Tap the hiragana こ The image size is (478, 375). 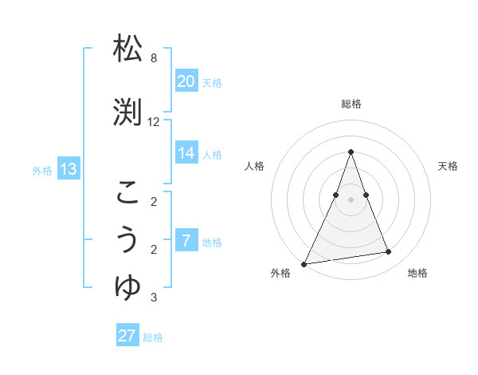click(x=128, y=191)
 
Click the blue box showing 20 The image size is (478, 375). click(x=186, y=81)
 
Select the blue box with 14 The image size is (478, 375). click(x=186, y=153)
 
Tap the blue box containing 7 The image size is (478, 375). click(x=186, y=241)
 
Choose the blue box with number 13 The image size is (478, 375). click(x=69, y=169)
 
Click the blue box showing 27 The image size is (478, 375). click(x=127, y=336)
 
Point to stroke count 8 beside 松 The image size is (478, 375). click(x=154, y=58)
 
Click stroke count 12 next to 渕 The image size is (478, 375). click(x=154, y=122)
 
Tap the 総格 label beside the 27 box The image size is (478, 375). click(x=153, y=337)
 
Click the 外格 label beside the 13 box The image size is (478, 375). click(x=42, y=170)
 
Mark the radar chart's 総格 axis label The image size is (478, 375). click(x=351, y=104)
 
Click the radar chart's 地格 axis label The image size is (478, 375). click(x=417, y=273)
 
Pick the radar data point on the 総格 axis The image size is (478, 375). click(x=351, y=152)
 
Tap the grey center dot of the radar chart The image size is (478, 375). click(x=351, y=199)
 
